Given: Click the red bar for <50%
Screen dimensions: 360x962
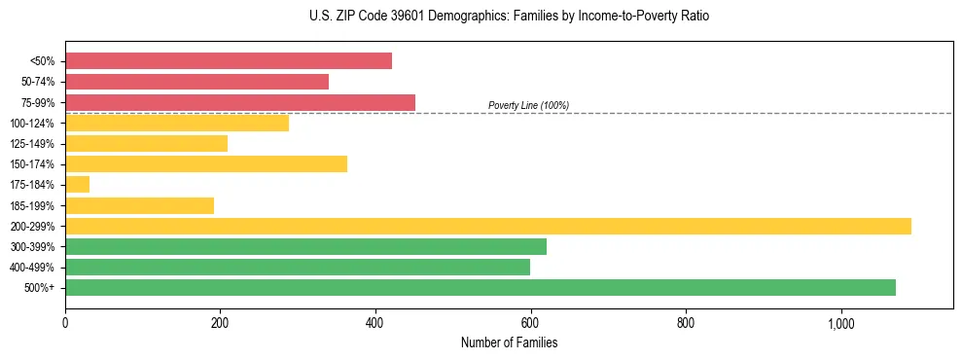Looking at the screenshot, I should [229, 61].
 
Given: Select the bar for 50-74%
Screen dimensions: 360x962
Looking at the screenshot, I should [196, 82].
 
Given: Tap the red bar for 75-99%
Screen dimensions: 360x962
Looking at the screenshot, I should [240, 102].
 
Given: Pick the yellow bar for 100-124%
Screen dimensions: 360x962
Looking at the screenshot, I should [177, 123].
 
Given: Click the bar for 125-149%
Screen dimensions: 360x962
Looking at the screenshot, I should [146, 144].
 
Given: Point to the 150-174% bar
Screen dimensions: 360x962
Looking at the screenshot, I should [206, 164].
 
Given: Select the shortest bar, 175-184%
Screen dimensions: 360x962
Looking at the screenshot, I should [78, 185].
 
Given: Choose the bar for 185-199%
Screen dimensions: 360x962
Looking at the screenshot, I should [139, 205].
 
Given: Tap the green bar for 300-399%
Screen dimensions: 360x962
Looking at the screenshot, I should [305, 246].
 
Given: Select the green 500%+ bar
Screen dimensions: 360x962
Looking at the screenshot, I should [481, 287].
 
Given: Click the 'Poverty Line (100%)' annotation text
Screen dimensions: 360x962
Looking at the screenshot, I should [528, 105].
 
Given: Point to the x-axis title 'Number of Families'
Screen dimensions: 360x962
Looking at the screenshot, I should [509, 342].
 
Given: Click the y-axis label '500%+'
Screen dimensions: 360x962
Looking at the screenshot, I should [41, 288].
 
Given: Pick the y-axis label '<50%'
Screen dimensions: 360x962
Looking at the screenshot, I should [43, 61].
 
